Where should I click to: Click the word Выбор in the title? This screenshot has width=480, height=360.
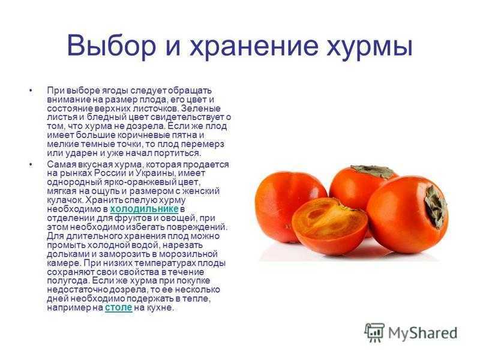point(112,46)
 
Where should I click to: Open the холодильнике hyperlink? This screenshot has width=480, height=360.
point(144,209)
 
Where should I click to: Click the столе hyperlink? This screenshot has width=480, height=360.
point(118,307)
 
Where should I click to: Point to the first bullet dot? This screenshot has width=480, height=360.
point(31,91)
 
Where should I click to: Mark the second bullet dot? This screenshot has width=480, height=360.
point(31,164)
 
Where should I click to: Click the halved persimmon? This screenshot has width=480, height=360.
point(329,226)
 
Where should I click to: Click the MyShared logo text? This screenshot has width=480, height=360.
point(423,333)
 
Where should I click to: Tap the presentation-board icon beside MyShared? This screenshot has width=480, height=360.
point(374,332)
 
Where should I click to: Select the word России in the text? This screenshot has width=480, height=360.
point(110,173)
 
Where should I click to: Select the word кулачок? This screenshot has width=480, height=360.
point(65,200)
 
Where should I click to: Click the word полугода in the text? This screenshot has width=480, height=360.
point(68,281)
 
